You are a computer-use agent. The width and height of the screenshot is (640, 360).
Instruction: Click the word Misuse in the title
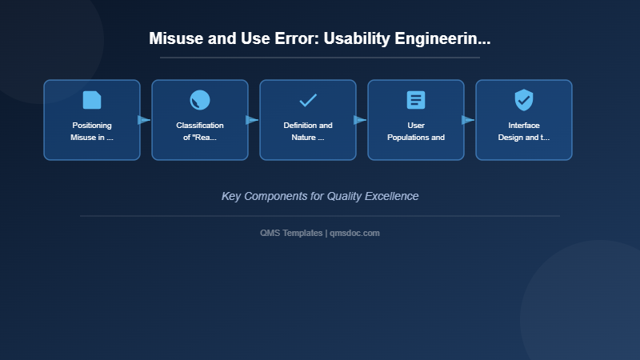(x=174, y=38)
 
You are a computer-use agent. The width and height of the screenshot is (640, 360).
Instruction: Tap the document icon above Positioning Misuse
(x=92, y=100)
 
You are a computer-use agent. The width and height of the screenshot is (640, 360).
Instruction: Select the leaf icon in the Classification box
(x=200, y=100)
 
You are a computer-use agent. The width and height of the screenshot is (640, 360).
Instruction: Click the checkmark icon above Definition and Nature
(x=308, y=100)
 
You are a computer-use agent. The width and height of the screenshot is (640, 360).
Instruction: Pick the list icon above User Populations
(x=416, y=100)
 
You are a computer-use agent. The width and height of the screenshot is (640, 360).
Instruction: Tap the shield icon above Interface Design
(x=524, y=100)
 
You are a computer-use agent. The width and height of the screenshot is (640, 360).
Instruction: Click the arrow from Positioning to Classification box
(x=145, y=120)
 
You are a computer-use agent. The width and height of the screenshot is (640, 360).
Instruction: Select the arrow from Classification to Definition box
(x=253, y=120)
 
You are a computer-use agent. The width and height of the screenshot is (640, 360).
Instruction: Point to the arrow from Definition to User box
(x=361, y=120)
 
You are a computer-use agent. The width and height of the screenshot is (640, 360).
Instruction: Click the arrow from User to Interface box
(x=469, y=120)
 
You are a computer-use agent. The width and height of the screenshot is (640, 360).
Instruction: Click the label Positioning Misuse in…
(x=92, y=131)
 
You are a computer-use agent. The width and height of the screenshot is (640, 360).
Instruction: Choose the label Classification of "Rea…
(x=200, y=131)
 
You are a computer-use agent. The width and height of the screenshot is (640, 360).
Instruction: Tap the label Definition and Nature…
(x=308, y=131)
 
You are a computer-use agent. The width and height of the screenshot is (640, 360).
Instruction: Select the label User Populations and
(x=416, y=131)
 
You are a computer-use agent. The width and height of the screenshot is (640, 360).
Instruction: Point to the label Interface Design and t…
(x=524, y=131)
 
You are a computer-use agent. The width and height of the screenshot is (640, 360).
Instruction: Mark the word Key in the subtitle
(x=231, y=196)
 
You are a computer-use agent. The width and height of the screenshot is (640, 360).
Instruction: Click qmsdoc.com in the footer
(x=354, y=233)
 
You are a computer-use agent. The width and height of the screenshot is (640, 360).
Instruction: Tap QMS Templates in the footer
(x=291, y=233)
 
